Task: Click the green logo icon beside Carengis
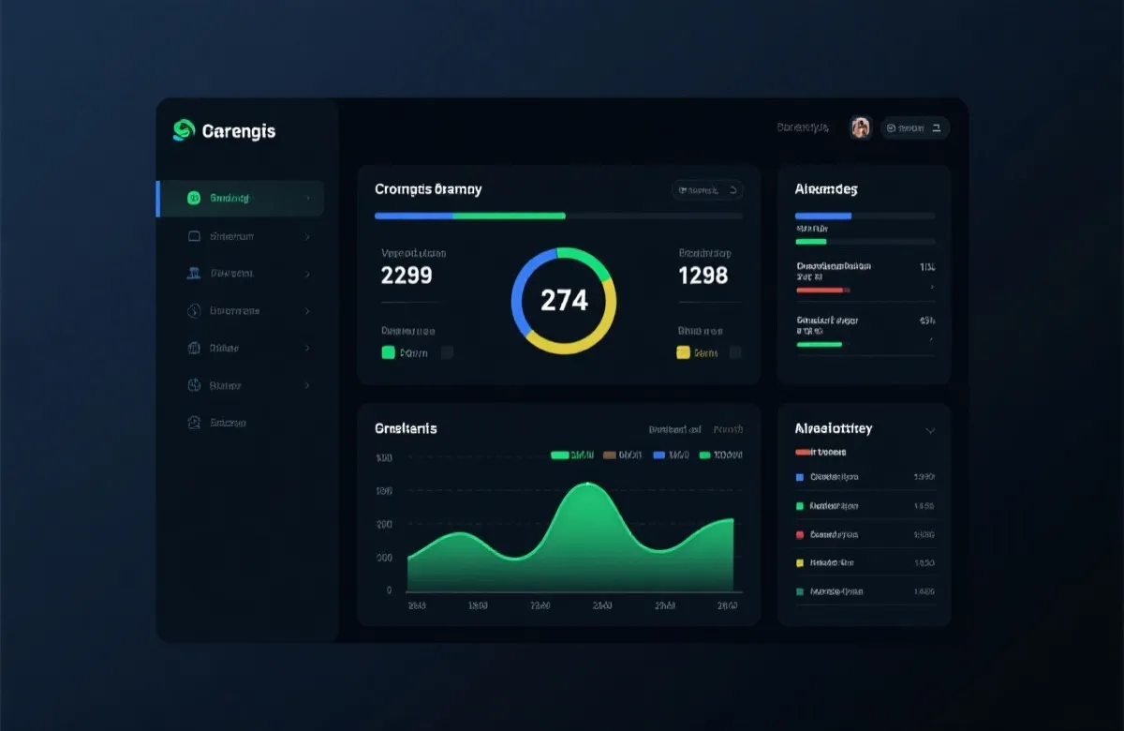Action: point(184,130)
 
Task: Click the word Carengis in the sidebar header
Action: point(239,131)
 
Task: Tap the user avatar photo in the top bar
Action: point(861,127)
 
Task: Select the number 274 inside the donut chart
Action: point(564,300)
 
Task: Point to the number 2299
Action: point(407,276)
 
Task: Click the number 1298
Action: point(702,276)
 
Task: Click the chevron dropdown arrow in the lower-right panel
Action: point(930,431)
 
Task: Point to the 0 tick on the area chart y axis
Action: point(389,590)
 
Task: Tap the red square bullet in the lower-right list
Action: point(800,535)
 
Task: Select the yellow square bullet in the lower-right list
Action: point(800,563)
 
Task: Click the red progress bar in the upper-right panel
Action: point(820,291)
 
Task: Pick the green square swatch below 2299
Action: point(389,352)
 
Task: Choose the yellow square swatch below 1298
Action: point(683,352)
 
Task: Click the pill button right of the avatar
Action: point(915,127)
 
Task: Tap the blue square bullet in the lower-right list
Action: point(800,477)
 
